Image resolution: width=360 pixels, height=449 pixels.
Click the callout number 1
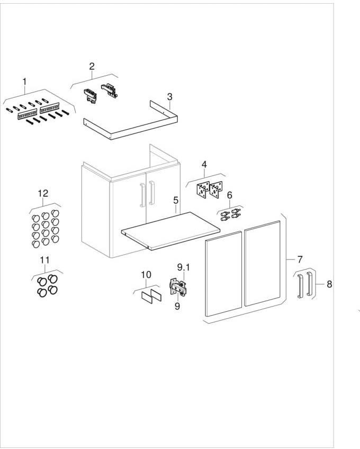tap(24, 82)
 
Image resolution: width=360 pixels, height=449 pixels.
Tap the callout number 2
tap(92, 66)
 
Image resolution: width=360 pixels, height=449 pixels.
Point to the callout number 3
tap(170, 97)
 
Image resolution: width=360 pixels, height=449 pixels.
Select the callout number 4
tap(204, 165)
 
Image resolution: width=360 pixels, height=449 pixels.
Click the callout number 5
tap(176, 200)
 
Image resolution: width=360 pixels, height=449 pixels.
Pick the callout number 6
tap(230, 195)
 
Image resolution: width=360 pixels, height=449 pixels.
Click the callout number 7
tap(300, 259)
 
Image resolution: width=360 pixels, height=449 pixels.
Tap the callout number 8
tap(329, 284)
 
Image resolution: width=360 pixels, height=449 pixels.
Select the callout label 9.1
tap(183, 267)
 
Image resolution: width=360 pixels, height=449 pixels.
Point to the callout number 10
tap(146, 275)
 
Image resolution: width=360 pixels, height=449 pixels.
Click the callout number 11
tap(44, 261)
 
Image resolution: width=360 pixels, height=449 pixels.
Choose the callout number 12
tap(43, 193)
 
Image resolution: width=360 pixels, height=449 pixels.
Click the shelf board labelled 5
tap(170, 231)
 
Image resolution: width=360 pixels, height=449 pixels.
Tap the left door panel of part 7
tap(223, 274)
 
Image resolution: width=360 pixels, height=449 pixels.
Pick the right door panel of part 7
tap(263, 263)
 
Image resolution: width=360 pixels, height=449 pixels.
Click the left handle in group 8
tap(300, 286)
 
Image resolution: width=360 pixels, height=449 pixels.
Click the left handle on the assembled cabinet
tap(141, 195)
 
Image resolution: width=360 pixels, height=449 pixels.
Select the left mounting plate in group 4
tap(203, 191)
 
